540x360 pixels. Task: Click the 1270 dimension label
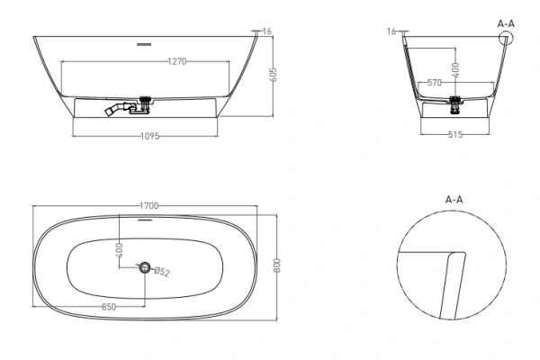tap(177, 61)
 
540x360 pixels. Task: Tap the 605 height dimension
tap(273, 75)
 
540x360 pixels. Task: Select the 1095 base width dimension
tap(150, 136)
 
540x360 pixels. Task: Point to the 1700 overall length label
tap(149, 206)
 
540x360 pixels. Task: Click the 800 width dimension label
tap(277, 265)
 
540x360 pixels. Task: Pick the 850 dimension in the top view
tap(109, 307)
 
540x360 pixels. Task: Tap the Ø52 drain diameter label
tap(162, 272)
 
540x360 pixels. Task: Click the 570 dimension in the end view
tap(435, 83)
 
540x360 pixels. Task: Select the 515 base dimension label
tap(455, 134)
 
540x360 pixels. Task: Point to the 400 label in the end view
tap(455, 69)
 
